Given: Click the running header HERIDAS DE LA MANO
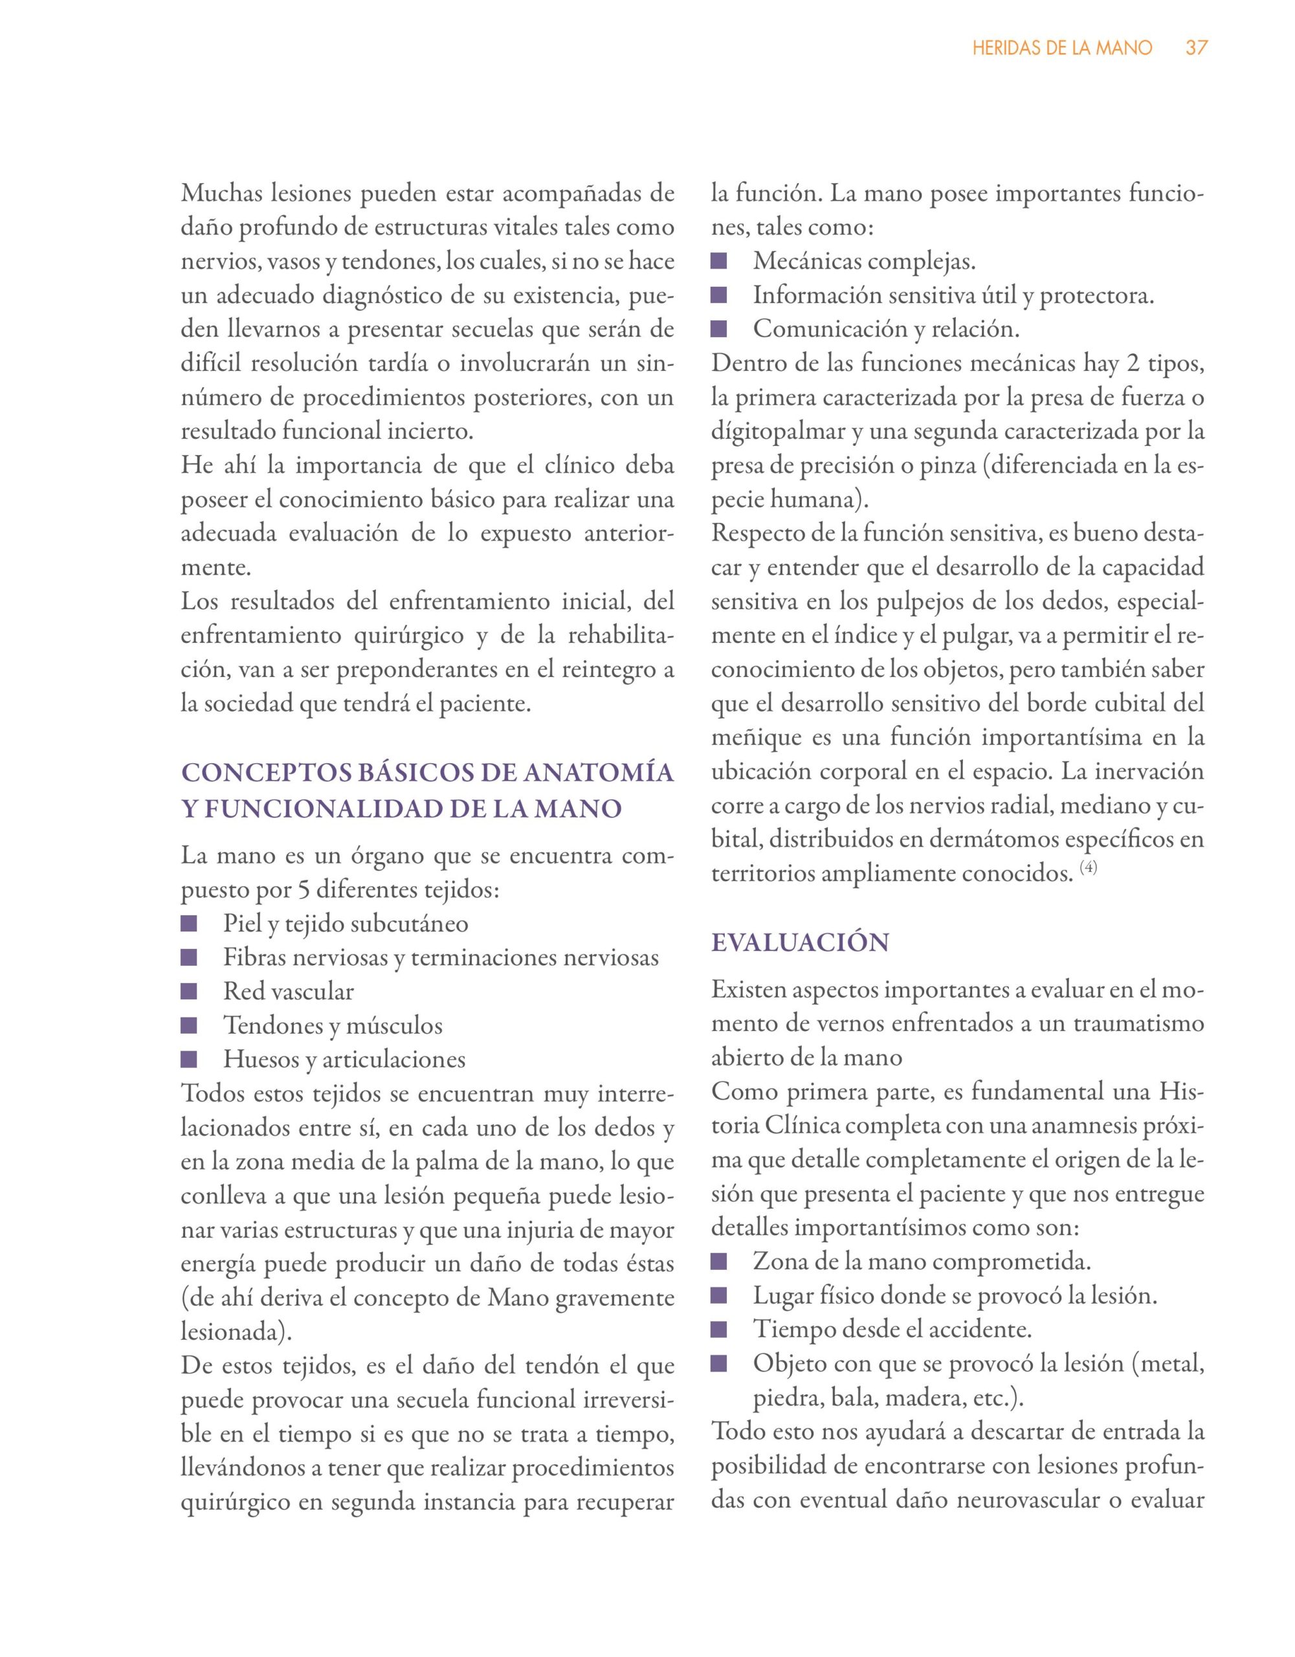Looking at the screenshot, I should (1062, 48).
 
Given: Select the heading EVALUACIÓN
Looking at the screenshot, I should (800, 943).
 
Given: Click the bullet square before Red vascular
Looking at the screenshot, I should (189, 992).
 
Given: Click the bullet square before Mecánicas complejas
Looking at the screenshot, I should (719, 261).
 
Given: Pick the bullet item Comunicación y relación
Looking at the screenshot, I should (886, 330).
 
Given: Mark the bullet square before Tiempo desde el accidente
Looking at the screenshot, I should (719, 1329).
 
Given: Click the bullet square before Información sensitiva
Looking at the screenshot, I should (719, 296).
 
